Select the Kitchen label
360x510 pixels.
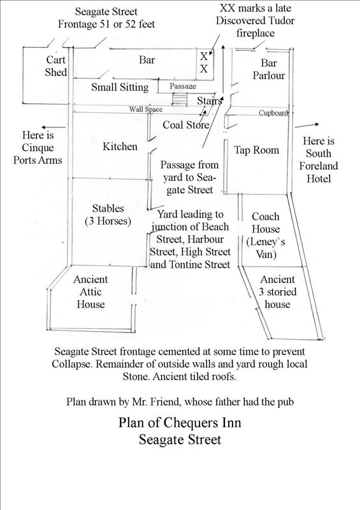point(120,147)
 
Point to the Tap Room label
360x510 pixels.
point(257,150)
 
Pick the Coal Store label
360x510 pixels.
point(185,125)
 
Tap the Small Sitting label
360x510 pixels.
point(120,87)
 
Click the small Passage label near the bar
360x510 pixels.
point(182,85)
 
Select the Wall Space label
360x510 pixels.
point(145,110)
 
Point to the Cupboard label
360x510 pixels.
point(273,113)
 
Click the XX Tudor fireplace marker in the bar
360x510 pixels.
point(204,62)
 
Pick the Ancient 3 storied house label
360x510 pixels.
point(278,292)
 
